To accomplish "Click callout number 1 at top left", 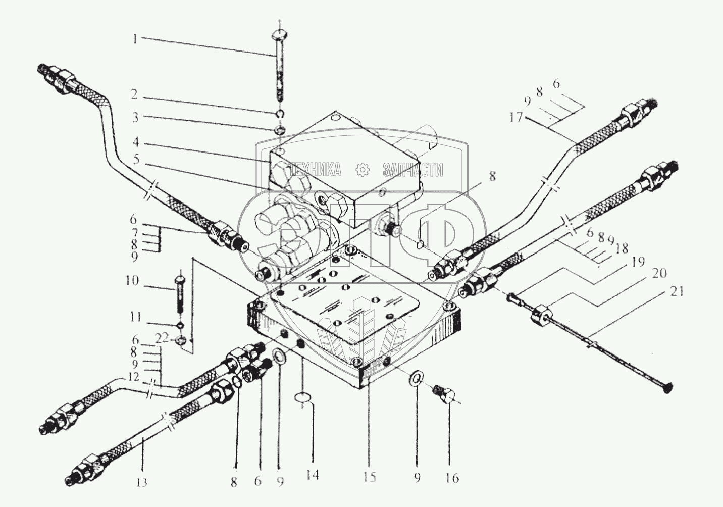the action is coord(135,40).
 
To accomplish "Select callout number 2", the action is coord(134,94).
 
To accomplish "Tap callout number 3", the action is coord(135,118).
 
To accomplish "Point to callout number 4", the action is coord(136,142).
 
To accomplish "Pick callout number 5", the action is coord(136,160).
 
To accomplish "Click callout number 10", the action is coord(133,281).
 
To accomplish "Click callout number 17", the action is coord(515,118).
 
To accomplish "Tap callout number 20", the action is coord(658,273).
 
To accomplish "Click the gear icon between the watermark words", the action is coord(362,170).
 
